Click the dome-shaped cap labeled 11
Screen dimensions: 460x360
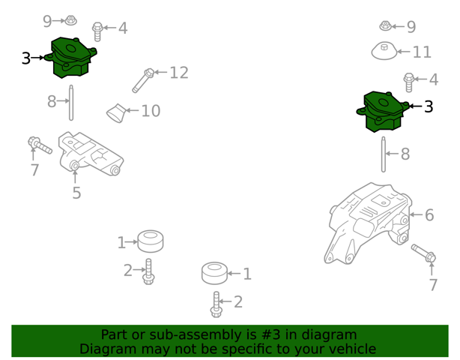tap(384, 51)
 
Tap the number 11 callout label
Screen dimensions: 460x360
tap(422, 52)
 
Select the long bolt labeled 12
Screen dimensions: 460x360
tap(143, 80)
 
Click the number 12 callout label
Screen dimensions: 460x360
tap(179, 73)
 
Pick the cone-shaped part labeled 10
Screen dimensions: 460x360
tap(116, 112)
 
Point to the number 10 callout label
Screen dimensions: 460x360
tap(151, 111)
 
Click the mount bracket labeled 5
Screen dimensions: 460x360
tap(91, 154)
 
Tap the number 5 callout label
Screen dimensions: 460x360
tap(76, 193)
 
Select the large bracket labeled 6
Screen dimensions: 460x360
tap(369, 223)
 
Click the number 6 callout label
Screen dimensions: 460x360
tap(429, 215)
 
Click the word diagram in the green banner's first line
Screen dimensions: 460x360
tap(329, 334)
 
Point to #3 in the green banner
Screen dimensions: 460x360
tap(270, 334)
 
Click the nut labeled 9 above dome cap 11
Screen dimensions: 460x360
tap(385, 25)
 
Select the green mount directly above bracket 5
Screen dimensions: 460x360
tap(70, 58)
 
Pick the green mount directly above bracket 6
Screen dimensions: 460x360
tap(383, 112)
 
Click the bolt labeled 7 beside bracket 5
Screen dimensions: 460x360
tap(40, 145)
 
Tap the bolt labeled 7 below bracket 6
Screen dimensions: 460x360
tap(423, 253)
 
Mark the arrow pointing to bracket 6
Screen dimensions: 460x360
tap(417, 214)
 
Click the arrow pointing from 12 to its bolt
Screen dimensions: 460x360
tap(160, 72)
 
